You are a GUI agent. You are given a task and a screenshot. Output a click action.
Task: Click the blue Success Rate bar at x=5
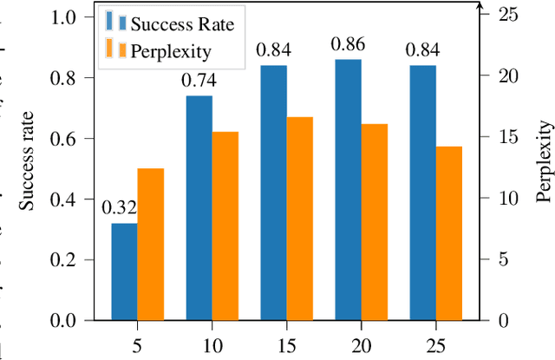click(124, 272)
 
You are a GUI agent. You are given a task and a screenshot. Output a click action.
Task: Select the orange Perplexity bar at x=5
click(150, 245)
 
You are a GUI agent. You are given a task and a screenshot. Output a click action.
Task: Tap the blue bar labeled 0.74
click(199, 208)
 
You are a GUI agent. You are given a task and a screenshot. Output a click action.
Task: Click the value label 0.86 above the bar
click(347, 43)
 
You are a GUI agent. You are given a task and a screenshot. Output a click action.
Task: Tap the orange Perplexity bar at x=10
click(225, 226)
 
